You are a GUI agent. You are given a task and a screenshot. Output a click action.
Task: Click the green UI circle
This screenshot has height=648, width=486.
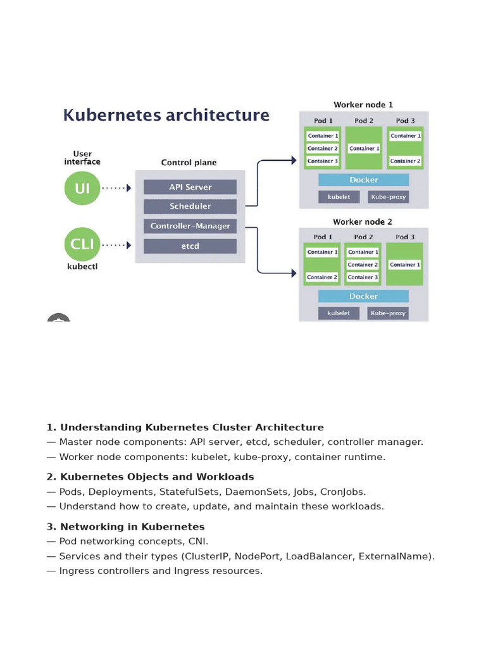coord(82,188)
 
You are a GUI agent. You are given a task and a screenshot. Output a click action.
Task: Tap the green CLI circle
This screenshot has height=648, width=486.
coord(82,245)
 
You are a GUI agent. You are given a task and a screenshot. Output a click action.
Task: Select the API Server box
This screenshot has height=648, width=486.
coord(190,187)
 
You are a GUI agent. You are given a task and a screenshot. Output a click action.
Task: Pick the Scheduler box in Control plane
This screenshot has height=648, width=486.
coord(190,206)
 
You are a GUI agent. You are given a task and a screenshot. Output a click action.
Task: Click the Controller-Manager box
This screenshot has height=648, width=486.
coord(190,226)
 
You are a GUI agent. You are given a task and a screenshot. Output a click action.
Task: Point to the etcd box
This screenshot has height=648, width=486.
coord(190,246)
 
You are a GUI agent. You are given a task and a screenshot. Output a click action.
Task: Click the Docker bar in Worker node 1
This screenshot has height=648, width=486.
coord(364,180)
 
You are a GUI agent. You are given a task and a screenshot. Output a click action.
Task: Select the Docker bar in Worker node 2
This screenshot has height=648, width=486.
coord(363,296)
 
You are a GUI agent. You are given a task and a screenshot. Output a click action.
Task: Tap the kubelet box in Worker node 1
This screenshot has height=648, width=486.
coord(339,197)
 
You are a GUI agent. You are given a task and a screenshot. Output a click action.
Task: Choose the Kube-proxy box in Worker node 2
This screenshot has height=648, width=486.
coord(388,313)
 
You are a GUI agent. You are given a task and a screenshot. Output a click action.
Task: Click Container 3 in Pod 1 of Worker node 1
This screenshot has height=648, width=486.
coord(323,161)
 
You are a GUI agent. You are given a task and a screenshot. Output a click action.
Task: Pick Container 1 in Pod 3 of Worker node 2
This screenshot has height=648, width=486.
coord(405,265)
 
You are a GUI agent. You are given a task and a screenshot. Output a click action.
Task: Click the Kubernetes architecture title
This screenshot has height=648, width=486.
coord(166,115)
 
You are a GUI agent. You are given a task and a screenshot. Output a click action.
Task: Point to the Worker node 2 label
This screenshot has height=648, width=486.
coord(363,222)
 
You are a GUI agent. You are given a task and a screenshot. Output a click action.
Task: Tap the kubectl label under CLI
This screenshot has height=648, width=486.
coord(82,267)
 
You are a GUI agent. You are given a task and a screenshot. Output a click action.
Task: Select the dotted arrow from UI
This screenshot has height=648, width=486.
coord(116,188)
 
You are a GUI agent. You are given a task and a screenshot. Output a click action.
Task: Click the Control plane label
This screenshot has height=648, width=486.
coord(189,163)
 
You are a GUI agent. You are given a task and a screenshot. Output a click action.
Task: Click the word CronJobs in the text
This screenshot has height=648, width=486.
coord(343,492)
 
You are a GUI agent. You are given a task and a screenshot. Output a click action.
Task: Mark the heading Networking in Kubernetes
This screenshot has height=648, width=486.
coord(132,526)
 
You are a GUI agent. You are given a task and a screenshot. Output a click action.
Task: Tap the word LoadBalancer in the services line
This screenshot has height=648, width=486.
coord(319,556)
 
